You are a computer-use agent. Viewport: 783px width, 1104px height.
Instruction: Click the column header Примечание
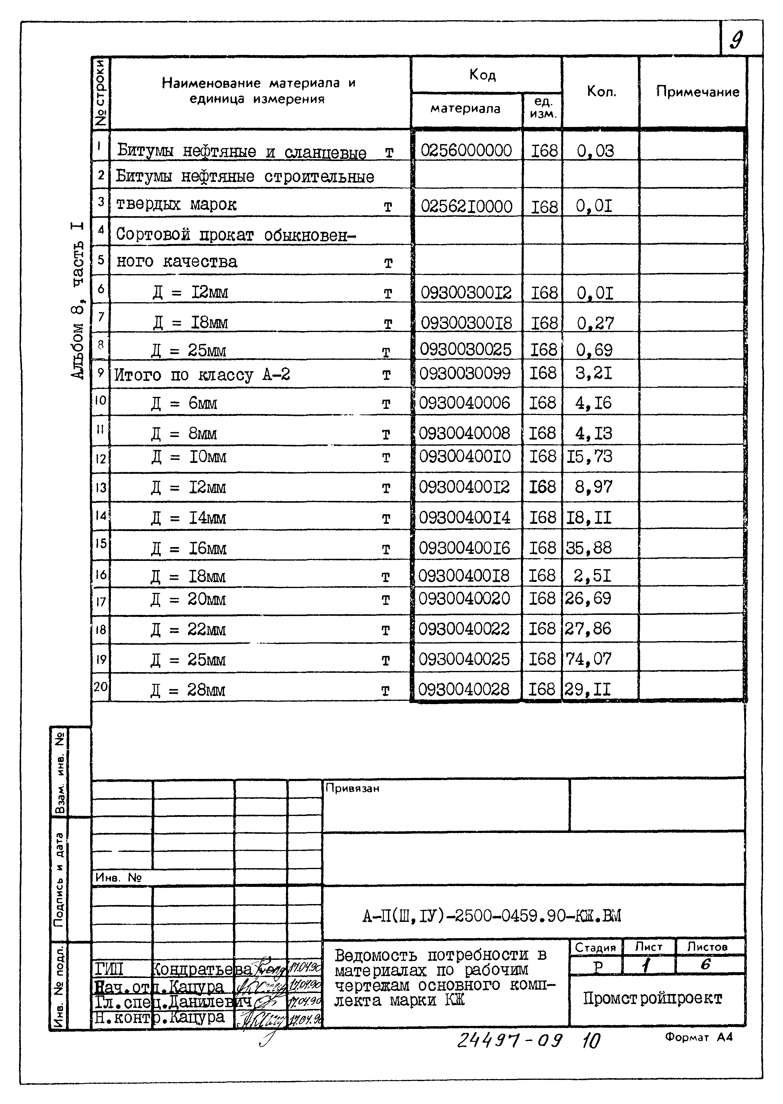tap(697, 92)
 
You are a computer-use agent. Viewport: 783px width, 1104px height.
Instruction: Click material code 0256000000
tap(466, 150)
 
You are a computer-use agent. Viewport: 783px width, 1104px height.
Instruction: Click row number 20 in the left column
tap(100, 686)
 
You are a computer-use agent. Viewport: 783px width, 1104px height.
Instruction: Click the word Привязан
tap(352, 788)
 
